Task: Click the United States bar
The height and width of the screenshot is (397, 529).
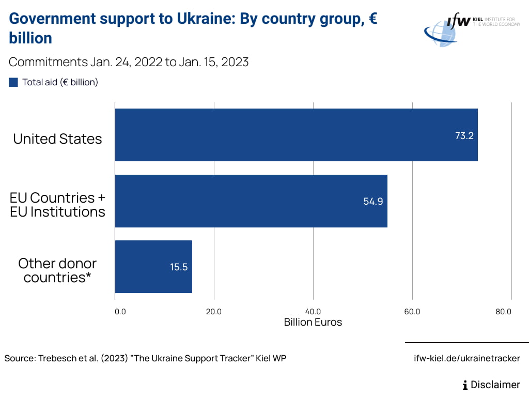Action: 296,135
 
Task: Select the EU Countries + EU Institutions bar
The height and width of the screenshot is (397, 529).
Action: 251,201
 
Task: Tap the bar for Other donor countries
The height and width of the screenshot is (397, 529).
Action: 153,267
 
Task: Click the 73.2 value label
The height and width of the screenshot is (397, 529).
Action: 464,136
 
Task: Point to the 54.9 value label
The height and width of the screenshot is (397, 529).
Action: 373,202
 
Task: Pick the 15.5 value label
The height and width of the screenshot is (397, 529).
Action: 179,267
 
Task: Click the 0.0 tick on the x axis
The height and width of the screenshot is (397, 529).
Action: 120,311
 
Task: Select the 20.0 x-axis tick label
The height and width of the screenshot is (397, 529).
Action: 214,311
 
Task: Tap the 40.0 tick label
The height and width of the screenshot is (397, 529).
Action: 313,311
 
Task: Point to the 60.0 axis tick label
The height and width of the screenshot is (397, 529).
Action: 412,311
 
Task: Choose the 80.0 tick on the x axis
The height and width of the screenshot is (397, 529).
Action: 503,311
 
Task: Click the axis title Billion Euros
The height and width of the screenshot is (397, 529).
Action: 313,322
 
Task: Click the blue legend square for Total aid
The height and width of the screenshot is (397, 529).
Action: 13,82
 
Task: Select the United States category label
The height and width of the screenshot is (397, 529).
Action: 57,139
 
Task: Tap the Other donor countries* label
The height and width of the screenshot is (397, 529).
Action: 57,270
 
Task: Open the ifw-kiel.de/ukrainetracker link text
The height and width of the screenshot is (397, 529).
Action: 467,358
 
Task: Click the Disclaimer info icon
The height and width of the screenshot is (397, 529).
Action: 465,385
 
